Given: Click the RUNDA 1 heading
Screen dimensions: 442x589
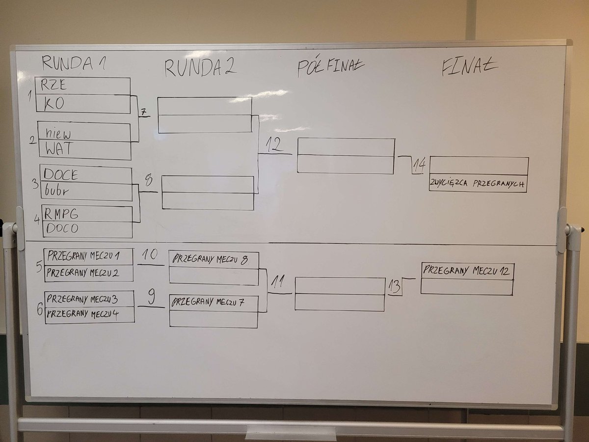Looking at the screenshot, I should click(74, 63).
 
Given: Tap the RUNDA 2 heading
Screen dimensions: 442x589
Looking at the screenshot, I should click(200, 67).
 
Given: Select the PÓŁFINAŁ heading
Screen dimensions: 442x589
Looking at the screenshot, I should click(330, 68).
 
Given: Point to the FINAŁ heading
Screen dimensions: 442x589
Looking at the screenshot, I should click(470, 67).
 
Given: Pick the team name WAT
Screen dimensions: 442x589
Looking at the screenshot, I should click(58, 149).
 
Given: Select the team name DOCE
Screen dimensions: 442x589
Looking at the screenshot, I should click(61, 174).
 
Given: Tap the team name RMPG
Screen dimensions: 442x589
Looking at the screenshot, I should click(61, 214).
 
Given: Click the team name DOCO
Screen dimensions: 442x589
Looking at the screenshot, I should click(61, 228).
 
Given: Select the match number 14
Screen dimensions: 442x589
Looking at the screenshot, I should click(419, 166).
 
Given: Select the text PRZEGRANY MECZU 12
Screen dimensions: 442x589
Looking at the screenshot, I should click(467, 270).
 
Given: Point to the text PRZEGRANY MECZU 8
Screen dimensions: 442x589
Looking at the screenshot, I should click(210, 260).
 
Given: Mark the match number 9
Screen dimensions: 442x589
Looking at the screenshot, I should click(151, 296).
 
